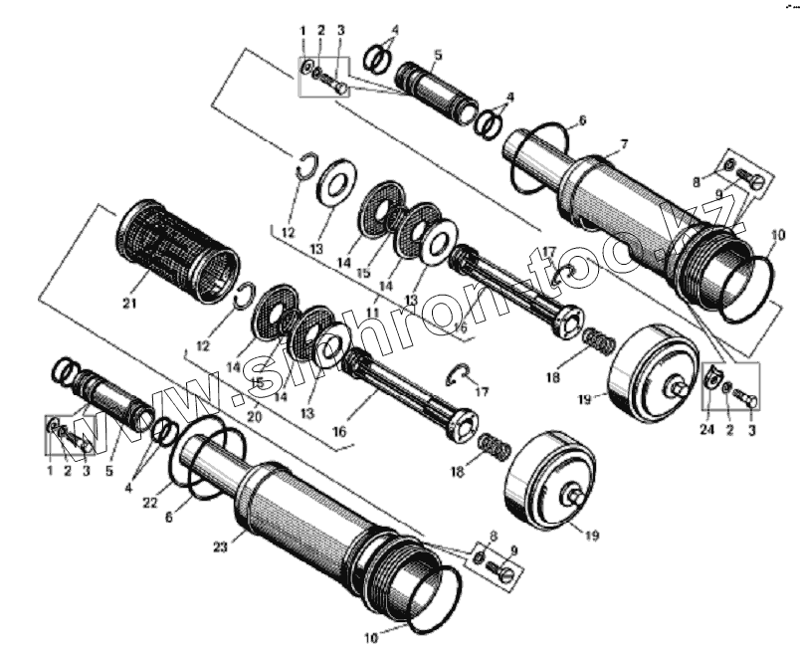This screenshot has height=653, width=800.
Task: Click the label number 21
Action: (x=127, y=302)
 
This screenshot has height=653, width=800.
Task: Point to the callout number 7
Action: (x=623, y=144)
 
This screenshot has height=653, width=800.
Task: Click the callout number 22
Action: (x=149, y=502)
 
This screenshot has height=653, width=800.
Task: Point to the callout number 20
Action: (x=255, y=417)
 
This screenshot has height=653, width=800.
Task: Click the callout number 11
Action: (x=372, y=313)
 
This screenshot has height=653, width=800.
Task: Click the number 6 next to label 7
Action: (x=582, y=120)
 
